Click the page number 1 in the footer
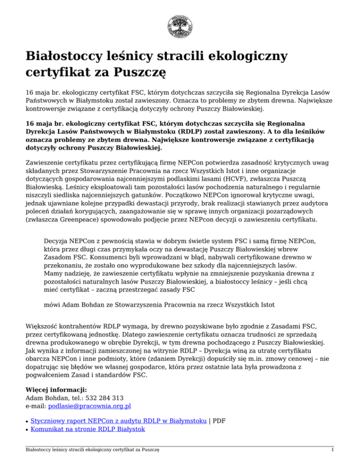(332, 450)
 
